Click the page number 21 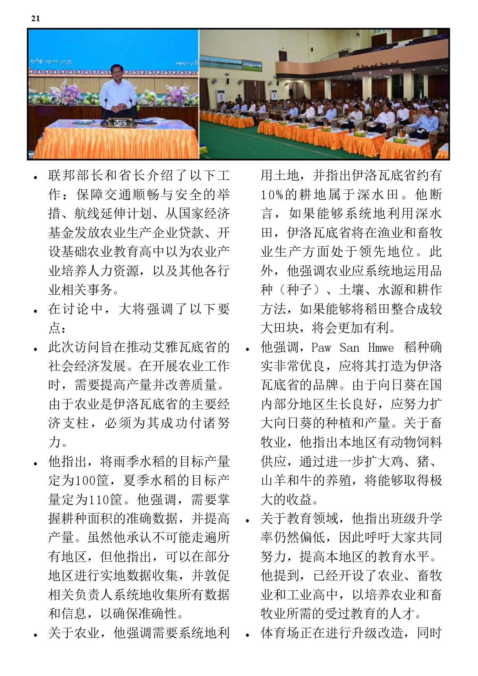(x=35, y=18)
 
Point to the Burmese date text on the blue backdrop (x=51, y=61)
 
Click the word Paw (x=321, y=347)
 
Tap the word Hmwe (x=381, y=347)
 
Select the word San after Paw (x=350, y=347)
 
